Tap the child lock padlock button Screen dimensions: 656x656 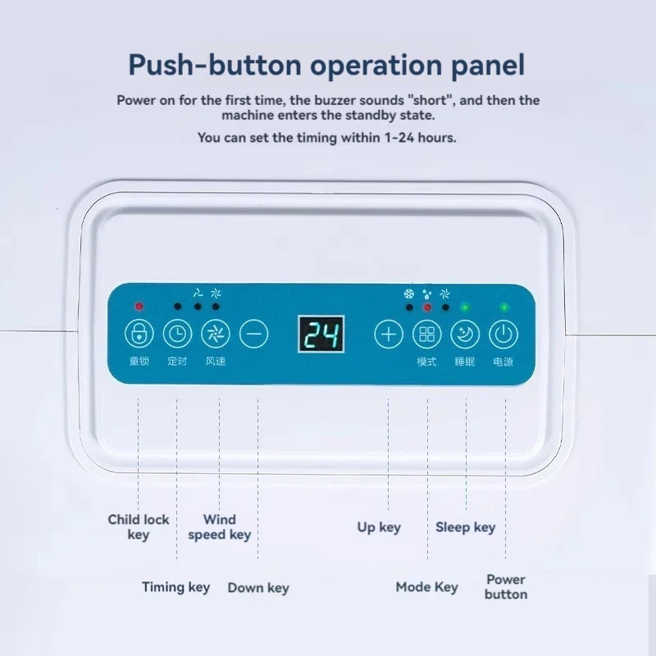coord(139,334)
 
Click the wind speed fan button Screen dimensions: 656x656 coord(216,334)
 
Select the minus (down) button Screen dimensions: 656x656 coord(254,334)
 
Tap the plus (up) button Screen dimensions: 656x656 coord(389,335)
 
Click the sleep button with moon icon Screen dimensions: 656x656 coord(465,335)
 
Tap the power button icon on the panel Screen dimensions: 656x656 coord(503,335)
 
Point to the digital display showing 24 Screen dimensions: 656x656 coord(321,334)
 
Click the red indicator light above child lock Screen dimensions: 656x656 coord(139,306)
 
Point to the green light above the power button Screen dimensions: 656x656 coord(504,307)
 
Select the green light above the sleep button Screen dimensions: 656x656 coord(465,307)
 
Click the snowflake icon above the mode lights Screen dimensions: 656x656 coord(408,294)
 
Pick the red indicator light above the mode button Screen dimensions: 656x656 coord(427,307)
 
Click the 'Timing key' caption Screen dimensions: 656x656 coord(175,587)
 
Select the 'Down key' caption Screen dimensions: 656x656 coord(258,587)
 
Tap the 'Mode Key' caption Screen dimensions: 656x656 coord(426,587)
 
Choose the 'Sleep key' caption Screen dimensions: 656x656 coord(465,527)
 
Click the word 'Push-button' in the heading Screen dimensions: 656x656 coord(215,65)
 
